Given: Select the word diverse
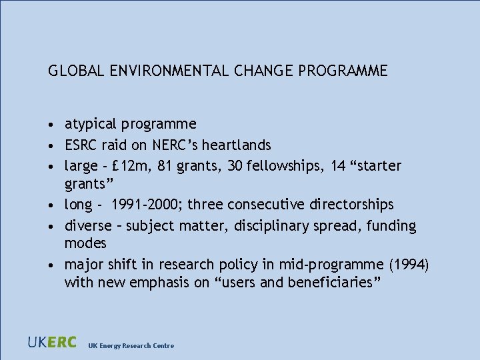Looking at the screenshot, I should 88,226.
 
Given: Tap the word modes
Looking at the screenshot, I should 85,243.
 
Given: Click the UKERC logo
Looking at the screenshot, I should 52,343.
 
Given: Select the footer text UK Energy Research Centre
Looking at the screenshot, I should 131,345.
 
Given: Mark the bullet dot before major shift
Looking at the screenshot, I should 51,265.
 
